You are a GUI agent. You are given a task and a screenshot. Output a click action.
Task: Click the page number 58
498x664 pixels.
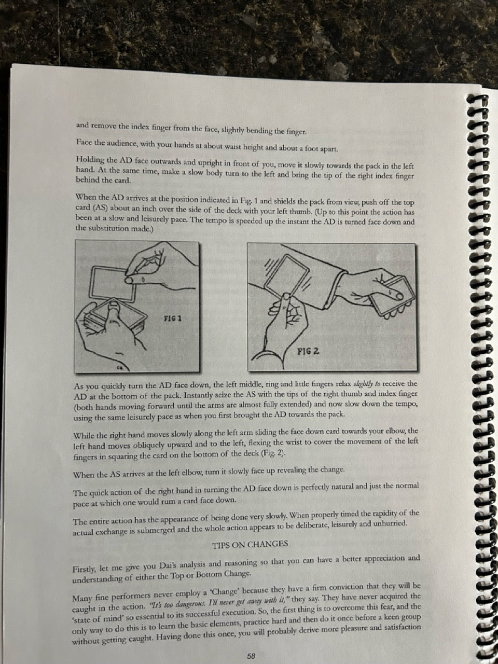(x=251, y=648)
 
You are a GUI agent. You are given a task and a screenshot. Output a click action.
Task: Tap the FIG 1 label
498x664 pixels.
(x=172, y=318)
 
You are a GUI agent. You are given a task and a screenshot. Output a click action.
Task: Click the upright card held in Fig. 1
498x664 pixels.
(x=113, y=283)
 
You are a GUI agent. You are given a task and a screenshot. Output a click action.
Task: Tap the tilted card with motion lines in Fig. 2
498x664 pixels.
(x=286, y=276)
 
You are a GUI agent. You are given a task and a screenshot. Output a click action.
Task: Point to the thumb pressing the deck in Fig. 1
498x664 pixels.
(x=114, y=312)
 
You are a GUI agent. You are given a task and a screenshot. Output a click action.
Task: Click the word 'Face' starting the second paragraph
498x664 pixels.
(x=84, y=142)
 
